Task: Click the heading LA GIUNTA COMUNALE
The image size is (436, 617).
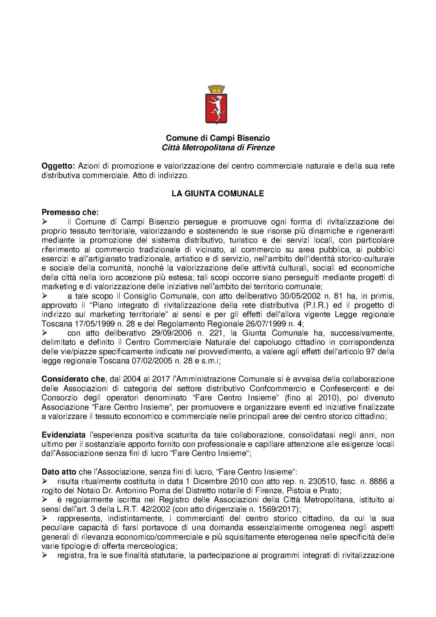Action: [218, 194]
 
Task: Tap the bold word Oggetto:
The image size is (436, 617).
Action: [58, 166]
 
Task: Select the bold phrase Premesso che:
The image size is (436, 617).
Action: [70, 213]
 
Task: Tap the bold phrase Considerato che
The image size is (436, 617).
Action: [73, 379]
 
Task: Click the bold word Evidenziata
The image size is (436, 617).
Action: [64, 435]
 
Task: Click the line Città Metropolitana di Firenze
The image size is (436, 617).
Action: [218, 148]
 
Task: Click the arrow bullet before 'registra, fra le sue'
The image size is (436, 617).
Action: [45, 555]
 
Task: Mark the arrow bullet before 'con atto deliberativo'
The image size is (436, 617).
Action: [45, 333]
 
